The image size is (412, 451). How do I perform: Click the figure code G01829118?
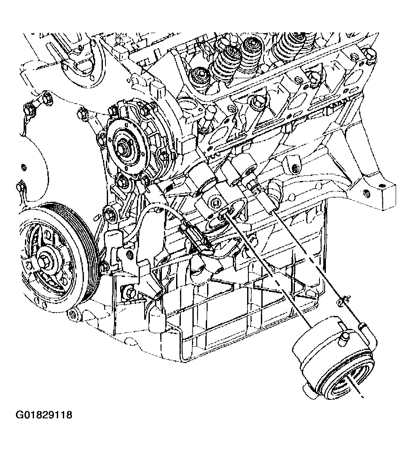point(44,415)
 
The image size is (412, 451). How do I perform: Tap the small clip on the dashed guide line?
point(343,300)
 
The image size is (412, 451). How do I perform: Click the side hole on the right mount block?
point(366,193)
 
